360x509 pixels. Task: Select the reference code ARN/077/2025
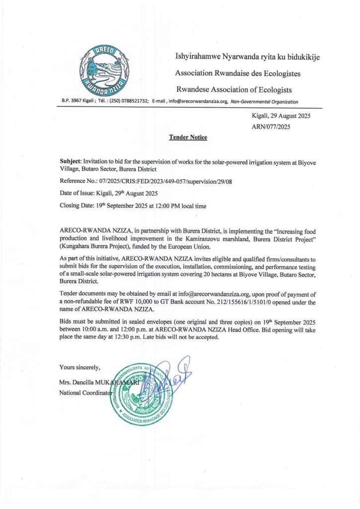pos(271,127)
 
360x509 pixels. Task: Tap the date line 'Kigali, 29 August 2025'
pos(282,116)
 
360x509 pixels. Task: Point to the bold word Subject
pos(70,162)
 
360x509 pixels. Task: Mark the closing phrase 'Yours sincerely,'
pos(80,367)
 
